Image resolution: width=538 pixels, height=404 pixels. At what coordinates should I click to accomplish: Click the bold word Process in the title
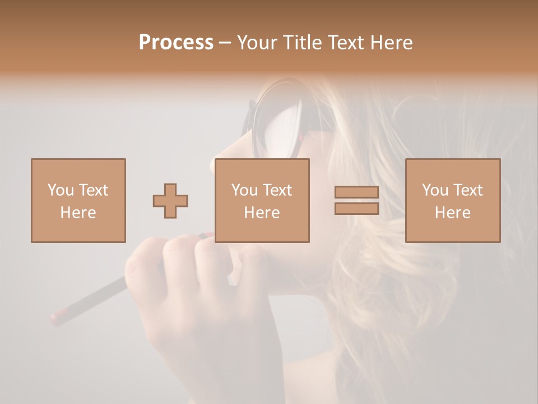pyautogui.click(x=176, y=43)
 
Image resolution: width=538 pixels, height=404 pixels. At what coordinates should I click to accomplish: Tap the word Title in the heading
pyautogui.click(x=304, y=43)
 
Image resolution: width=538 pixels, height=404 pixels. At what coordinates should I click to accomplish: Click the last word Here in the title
pyautogui.click(x=392, y=43)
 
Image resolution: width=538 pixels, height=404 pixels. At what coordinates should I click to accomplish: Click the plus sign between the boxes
pyautogui.click(x=170, y=200)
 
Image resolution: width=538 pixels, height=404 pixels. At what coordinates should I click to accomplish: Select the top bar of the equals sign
pyautogui.click(x=356, y=192)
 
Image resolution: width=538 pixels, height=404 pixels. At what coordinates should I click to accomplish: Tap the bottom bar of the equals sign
pyautogui.click(x=356, y=209)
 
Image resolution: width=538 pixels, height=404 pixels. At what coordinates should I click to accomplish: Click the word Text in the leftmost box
pyautogui.click(x=93, y=190)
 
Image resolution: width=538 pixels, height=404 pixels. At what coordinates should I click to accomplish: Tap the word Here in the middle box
pyautogui.click(x=262, y=213)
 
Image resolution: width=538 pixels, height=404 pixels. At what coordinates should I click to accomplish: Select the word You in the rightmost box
pyautogui.click(x=434, y=190)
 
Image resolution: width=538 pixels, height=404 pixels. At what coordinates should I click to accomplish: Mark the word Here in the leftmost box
pyautogui.click(x=78, y=213)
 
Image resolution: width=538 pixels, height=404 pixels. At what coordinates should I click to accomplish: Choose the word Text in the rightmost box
pyautogui.click(x=468, y=190)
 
